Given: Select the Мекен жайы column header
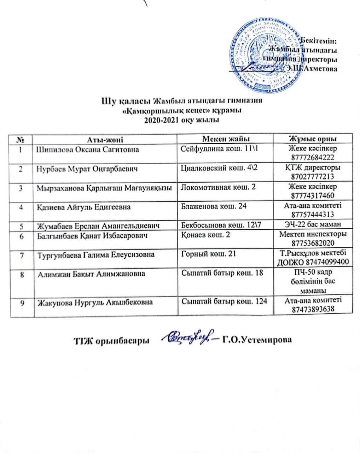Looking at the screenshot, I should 226,138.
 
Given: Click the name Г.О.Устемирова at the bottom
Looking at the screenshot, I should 257,340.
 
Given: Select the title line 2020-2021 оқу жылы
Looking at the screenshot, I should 181,120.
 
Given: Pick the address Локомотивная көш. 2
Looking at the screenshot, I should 218,187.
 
